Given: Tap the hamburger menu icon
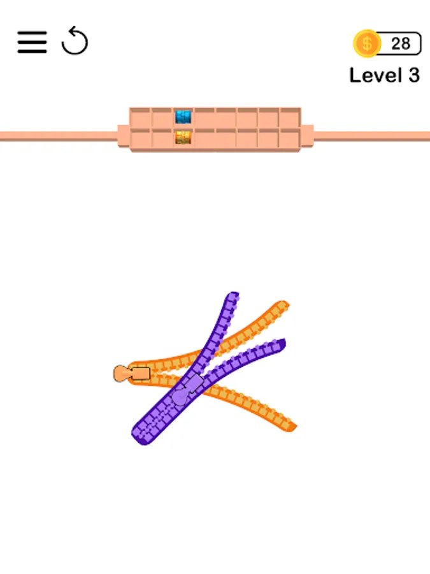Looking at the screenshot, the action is tap(32, 42).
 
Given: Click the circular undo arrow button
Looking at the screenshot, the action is tap(75, 41).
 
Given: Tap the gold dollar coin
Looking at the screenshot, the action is tap(367, 43).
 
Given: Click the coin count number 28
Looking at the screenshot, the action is tap(401, 43).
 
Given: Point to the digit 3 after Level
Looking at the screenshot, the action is tap(414, 75).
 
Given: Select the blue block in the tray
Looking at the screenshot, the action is tap(183, 117).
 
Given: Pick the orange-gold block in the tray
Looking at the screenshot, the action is tap(183, 138).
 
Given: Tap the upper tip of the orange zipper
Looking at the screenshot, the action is tap(283, 305).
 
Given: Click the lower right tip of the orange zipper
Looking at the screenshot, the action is tap(291, 427).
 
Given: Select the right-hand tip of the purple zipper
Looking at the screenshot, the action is tap(282, 343).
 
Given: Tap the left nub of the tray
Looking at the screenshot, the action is tap(124, 136).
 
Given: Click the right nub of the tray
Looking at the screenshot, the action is tap(307, 136).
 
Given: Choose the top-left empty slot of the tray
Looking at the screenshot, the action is tap(140, 117).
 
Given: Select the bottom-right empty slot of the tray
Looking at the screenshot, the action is tap(290, 139).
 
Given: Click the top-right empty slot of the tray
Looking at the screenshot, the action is tap(290, 117).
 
